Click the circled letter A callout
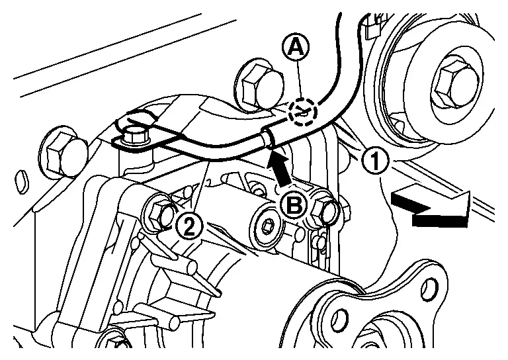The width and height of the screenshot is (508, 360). pyautogui.click(x=295, y=48)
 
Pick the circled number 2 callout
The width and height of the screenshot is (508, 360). pyautogui.click(x=190, y=226)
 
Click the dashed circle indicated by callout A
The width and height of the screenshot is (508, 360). pyautogui.click(x=304, y=112)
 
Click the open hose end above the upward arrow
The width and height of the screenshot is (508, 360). pyautogui.click(x=268, y=138)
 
